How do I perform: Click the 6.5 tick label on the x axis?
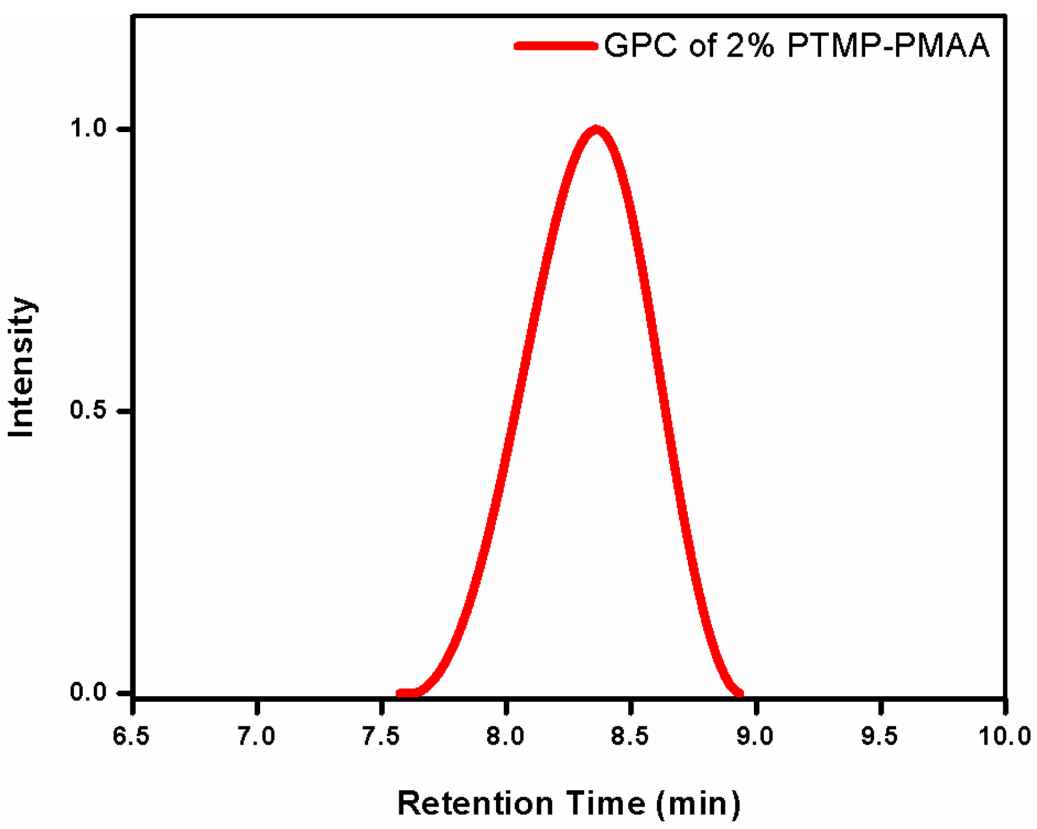click(x=132, y=736)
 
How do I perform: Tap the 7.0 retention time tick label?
click(x=257, y=736)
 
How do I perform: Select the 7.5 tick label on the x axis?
click(x=381, y=736)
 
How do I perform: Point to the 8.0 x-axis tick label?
click(x=506, y=736)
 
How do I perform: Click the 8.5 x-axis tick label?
click(x=630, y=736)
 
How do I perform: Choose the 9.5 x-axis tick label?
click(x=880, y=736)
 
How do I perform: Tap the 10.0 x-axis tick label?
click(x=1005, y=736)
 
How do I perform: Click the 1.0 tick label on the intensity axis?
click(x=88, y=129)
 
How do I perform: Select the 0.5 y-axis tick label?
click(x=88, y=410)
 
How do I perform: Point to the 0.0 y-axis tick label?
click(x=88, y=692)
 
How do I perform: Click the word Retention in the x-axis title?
click(x=475, y=804)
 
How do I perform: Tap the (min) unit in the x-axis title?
click(x=698, y=804)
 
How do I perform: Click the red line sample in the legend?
click(x=555, y=46)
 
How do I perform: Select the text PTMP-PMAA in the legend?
click(x=888, y=46)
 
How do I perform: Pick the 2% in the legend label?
click(x=749, y=46)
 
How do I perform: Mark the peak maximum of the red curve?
click(x=596, y=130)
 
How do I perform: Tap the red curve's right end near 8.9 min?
click(x=739, y=693)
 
